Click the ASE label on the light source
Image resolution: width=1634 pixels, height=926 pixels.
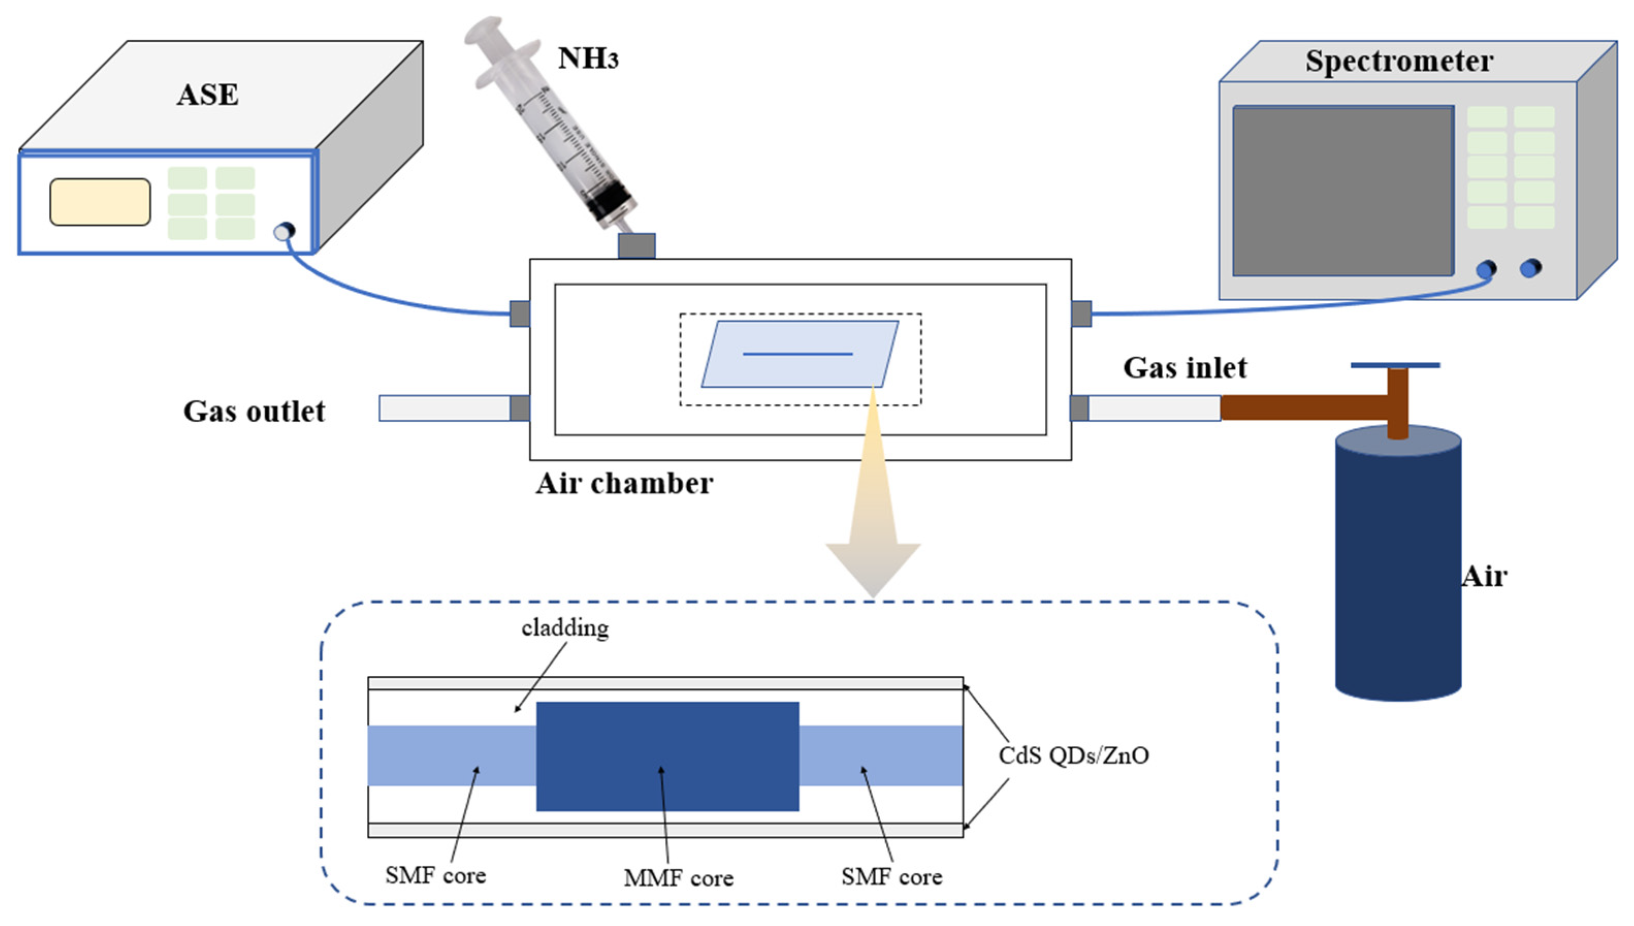pyautogui.click(x=207, y=95)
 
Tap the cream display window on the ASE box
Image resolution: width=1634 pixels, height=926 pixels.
pyautogui.click(x=100, y=202)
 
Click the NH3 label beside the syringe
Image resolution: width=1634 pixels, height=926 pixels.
pyautogui.click(x=587, y=58)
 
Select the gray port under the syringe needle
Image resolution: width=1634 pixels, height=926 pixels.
pyautogui.click(x=636, y=246)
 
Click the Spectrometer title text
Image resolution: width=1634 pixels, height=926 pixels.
pyautogui.click(x=1399, y=62)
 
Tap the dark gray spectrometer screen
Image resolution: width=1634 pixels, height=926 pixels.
pyautogui.click(x=1342, y=191)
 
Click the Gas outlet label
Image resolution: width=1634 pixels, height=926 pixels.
pyautogui.click(x=254, y=411)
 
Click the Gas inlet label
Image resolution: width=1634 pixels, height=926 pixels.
pyautogui.click(x=1184, y=368)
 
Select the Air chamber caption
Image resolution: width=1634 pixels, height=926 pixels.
pyautogui.click(x=624, y=483)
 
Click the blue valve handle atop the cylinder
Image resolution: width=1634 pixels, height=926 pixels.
pyautogui.click(x=1395, y=365)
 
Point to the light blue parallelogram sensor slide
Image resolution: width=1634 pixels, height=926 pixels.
pyautogui.click(x=799, y=354)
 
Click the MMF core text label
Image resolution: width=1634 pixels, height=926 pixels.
pyautogui.click(x=678, y=878)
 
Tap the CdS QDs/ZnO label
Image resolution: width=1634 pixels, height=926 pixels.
pyautogui.click(x=1074, y=755)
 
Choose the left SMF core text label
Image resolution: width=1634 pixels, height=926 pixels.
pyautogui.click(x=435, y=876)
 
